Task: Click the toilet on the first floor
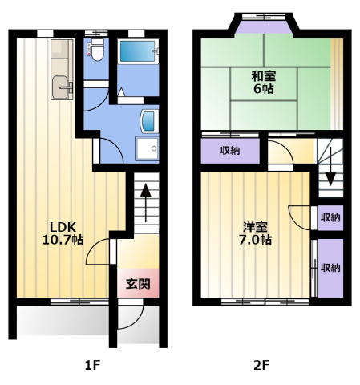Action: coord(95,50)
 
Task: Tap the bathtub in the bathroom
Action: coord(138,51)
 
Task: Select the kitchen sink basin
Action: coord(61,87)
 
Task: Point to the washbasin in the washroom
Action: coord(148,121)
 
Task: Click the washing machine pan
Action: coord(147,148)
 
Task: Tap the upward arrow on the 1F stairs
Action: coord(146,202)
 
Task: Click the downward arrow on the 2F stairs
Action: coord(331,166)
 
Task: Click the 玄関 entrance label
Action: coord(138,284)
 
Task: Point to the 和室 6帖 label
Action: coord(264,83)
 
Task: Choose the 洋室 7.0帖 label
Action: coord(255,233)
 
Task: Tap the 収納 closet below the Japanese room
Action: coord(230,151)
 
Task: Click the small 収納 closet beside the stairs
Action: coord(330,217)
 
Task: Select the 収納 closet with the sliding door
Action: coord(330,268)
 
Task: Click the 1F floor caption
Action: coord(92,365)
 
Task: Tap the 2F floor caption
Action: coord(261,365)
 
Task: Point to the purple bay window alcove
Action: coord(264,26)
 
